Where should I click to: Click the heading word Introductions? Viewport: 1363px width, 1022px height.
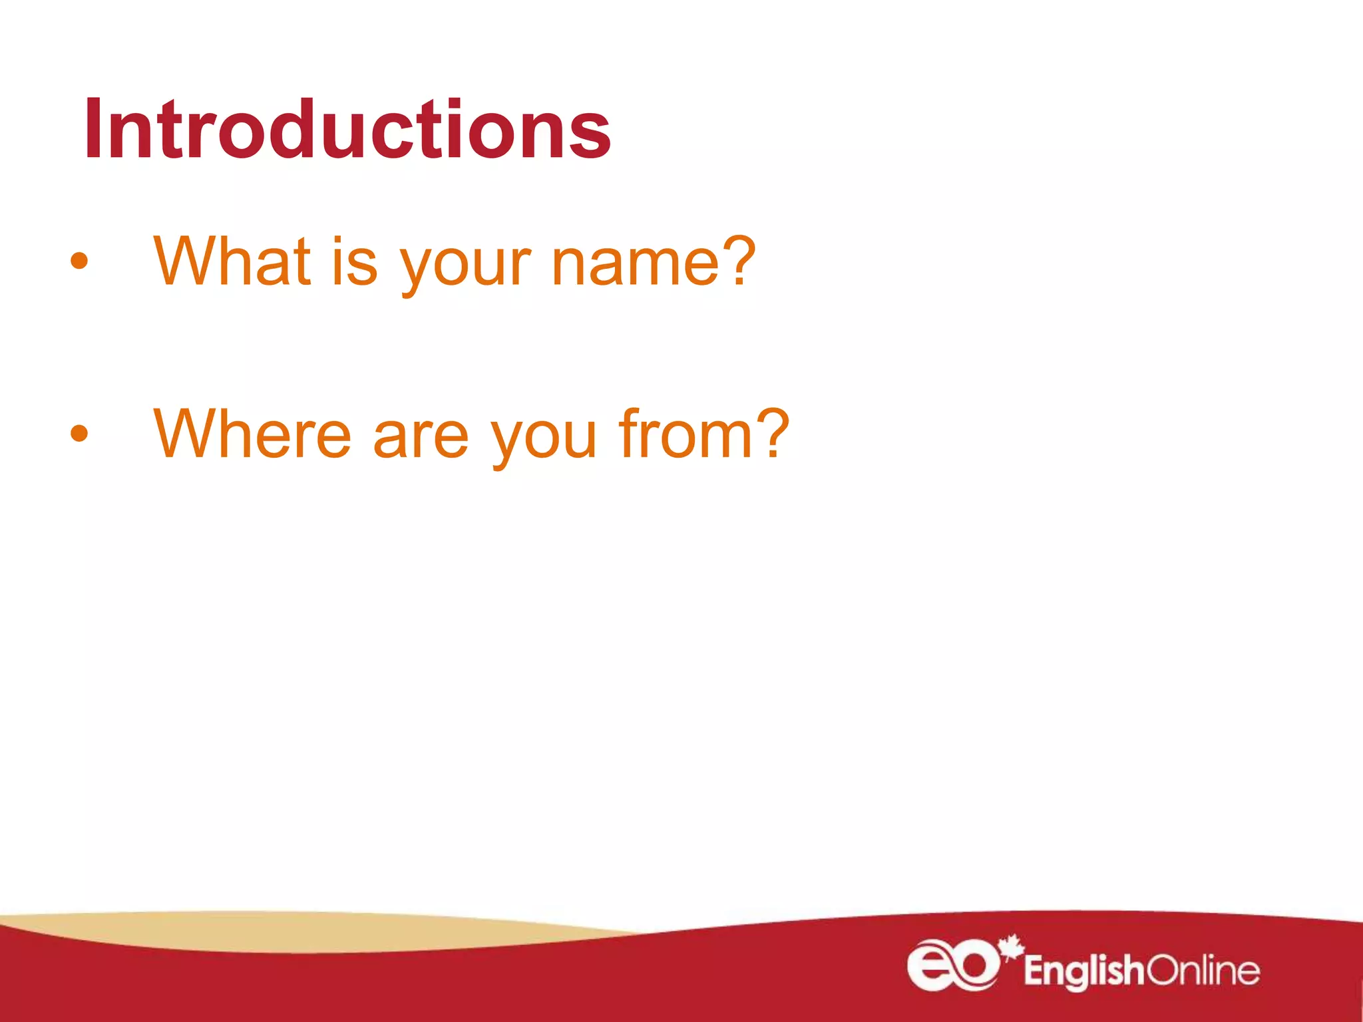(x=347, y=130)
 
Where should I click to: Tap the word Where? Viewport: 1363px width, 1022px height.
(x=252, y=434)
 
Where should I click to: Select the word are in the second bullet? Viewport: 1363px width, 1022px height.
(x=421, y=439)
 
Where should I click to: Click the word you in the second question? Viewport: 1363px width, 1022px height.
(x=543, y=440)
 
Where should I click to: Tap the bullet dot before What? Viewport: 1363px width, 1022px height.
(x=79, y=261)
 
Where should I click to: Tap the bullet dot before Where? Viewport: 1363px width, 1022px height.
(x=79, y=434)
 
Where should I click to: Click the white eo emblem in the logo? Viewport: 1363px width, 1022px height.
(x=952, y=965)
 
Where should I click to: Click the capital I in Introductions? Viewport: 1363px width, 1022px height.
(x=93, y=130)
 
